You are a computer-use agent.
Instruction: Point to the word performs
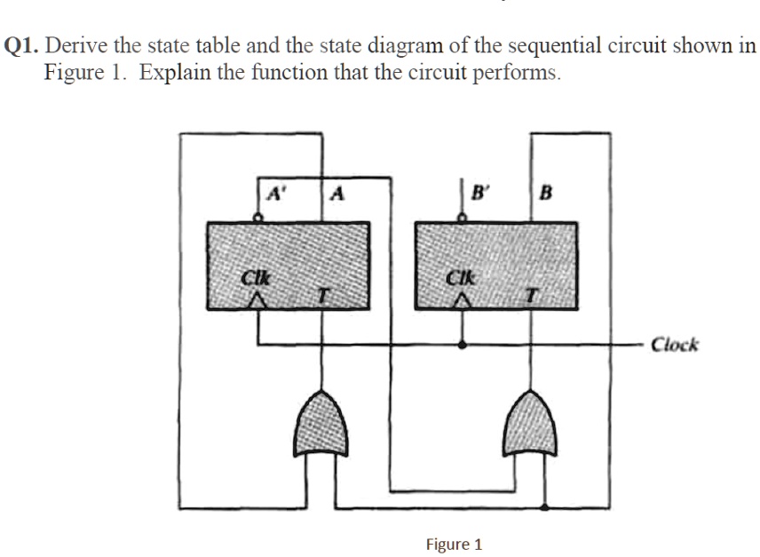[x=515, y=73]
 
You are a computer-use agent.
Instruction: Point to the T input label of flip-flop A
[x=325, y=294]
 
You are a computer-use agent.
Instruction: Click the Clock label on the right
[x=675, y=344]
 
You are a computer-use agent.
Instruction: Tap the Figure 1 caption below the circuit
[x=454, y=543]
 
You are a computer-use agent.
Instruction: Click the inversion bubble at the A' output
[x=257, y=216]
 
